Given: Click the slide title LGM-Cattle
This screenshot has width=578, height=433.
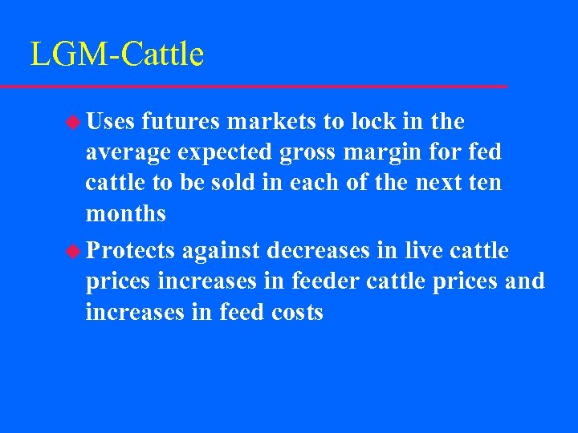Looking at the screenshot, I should tap(117, 55).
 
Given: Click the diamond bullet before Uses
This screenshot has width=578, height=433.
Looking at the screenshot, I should tap(73, 122).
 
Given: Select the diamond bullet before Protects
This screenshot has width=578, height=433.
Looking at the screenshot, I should tap(73, 252).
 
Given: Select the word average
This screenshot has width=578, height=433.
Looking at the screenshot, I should tap(125, 152).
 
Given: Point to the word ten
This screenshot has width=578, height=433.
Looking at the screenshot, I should tap(484, 183).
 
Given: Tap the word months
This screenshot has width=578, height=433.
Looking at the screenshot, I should tap(126, 213).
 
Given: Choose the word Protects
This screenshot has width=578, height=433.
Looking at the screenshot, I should tap(131, 252).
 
